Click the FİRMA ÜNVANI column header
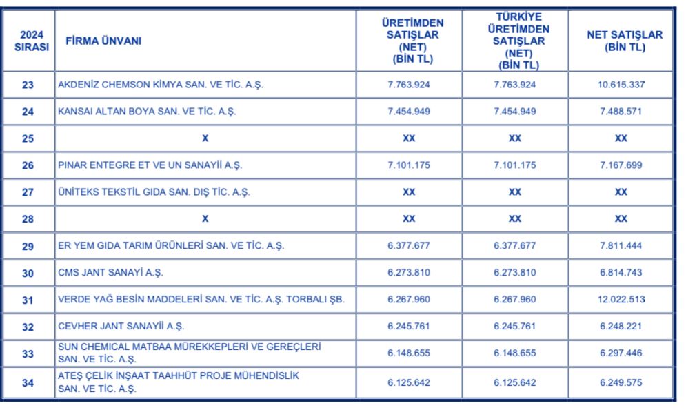tap(103, 41)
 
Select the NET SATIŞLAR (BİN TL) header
tap(620, 41)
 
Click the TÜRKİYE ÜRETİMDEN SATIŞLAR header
tap(514, 41)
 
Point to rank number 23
tap(28, 85)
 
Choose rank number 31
tap(28, 300)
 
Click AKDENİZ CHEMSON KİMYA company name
tap(161, 85)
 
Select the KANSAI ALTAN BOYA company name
tap(146, 112)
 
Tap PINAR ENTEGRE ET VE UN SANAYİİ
tap(150, 165)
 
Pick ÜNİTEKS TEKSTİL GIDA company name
tap(154, 192)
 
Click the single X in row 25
tap(205, 138)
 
